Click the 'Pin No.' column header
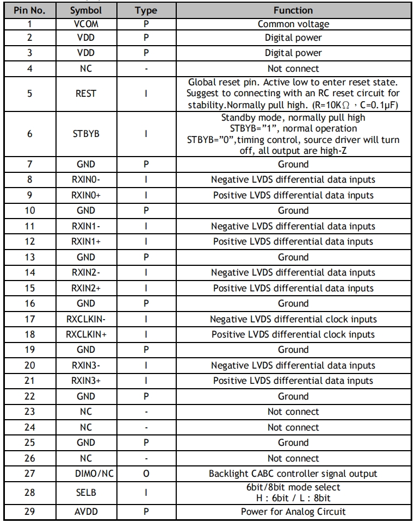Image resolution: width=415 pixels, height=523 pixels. click(x=29, y=10)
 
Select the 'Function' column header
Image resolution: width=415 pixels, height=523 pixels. click(x=293, y=10)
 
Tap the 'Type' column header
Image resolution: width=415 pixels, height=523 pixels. click(x=145, y=10)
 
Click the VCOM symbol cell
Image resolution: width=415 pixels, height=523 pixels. click(x=86, y=24)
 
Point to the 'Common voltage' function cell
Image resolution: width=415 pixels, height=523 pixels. click(x=293, y=24)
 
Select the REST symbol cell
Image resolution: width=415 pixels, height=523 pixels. click(x=86, y=94)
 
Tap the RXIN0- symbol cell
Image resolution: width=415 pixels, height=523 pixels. click(x=86, y=179)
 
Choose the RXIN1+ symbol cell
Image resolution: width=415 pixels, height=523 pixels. click(x=86, y=241)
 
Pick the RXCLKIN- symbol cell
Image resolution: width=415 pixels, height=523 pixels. click(x=86, y=319)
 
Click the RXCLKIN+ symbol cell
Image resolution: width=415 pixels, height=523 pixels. click(x=86, y=334)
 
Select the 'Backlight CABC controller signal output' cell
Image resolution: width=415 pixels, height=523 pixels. click(x=293, y=474)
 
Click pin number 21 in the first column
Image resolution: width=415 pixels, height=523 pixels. click(x=29, y=381)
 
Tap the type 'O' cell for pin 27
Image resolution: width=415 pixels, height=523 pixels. click(x=145, y=474)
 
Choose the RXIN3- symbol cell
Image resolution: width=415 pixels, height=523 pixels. click(x=86, y=365)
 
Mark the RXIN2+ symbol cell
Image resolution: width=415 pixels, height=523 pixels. click(x=86, y=288)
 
